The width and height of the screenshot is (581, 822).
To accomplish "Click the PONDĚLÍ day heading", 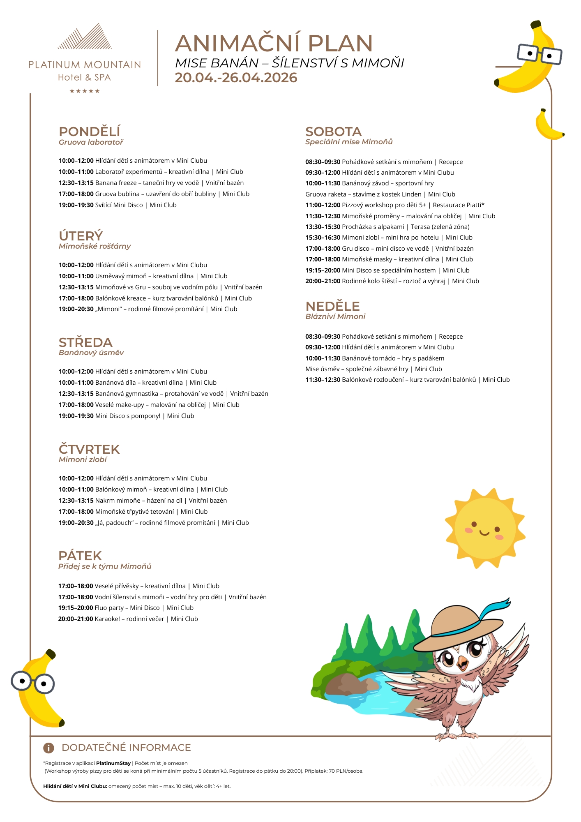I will [x=89, y=132].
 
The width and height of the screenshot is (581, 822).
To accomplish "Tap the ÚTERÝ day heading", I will [x=81, y=236].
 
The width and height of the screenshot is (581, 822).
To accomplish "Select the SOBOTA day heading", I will [x=333, y=132].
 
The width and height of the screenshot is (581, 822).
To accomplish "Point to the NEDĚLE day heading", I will [x=332, y=306].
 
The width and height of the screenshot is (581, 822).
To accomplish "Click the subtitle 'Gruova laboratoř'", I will [x=91, y=142].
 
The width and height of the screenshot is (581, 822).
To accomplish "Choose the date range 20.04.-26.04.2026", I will [x=236, y=78].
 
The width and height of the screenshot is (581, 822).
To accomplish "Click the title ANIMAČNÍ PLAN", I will [x=274, y=44].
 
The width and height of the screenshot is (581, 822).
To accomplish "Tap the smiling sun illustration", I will [x=485, y=529].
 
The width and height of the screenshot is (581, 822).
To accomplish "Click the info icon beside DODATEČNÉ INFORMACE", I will [x=48, y=748].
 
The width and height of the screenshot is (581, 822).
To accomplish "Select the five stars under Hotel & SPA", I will [x=85, y=91].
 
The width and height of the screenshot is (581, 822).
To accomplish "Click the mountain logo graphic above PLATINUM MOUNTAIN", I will [x=85, y=37].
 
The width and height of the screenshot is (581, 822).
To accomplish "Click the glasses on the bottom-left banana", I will [x=32, y=683].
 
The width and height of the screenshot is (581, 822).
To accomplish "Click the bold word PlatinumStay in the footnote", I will [x=113, y=763].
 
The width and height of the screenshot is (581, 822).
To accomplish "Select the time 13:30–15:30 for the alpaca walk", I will [x=323, y=227].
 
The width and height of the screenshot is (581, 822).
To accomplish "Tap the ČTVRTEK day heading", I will [x=89, y=449].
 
